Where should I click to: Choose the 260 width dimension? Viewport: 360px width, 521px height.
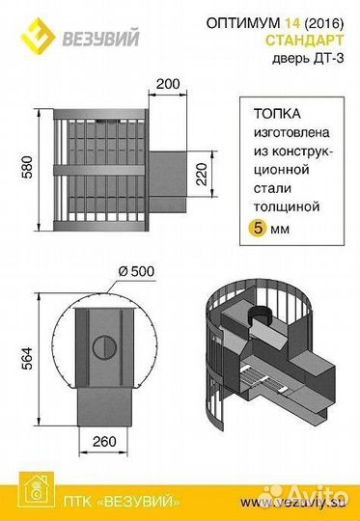click(107, 442)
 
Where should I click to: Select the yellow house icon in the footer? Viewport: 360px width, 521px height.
click(33, 502)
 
